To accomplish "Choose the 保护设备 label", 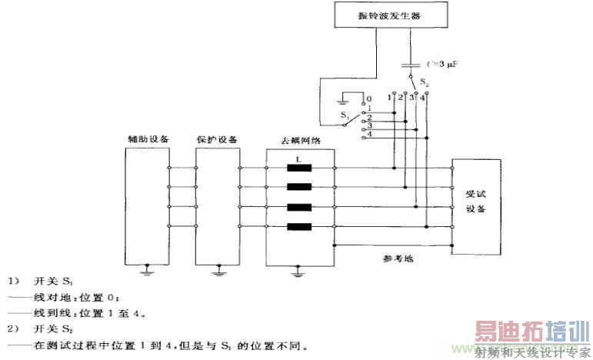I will point(218,139).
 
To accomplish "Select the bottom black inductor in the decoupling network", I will point(298,227).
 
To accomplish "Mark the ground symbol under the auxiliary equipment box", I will point(147,270).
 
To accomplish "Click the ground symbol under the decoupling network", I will point(299,271).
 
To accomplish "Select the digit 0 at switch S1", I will point(368,98).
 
